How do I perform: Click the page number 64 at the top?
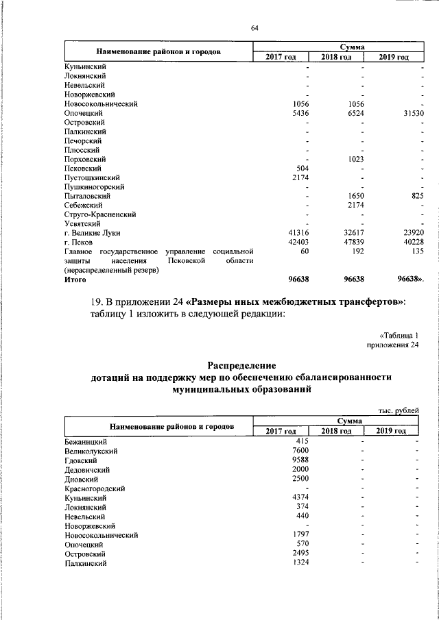[x=254, y=28]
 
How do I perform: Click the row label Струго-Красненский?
[x=99, y=214]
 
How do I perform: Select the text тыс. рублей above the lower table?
[x=398, y=410]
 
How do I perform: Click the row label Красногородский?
[x=95, y=488]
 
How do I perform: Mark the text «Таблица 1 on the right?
[x=398, y=335]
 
